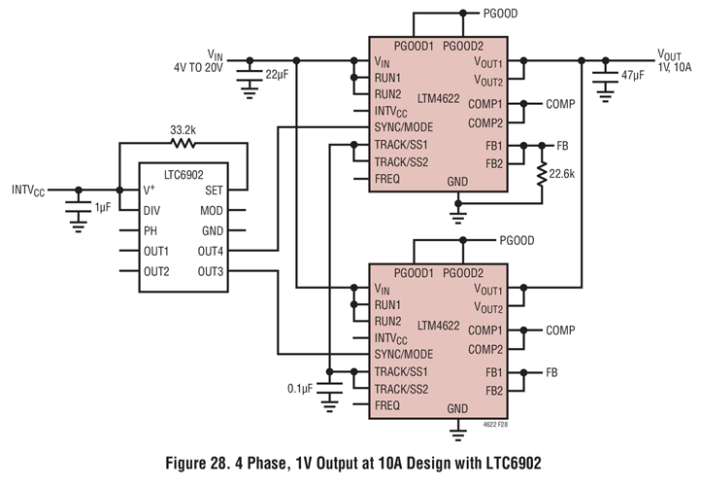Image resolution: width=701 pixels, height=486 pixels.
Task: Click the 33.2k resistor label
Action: pos(184,128)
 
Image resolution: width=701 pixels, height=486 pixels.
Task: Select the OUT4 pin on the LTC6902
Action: pos(211,251)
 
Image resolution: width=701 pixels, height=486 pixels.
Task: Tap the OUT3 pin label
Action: pos(211,271)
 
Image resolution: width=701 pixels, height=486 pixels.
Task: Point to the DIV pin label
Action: pos(152,210)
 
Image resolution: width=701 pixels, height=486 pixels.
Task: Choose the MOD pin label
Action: pos(213,210)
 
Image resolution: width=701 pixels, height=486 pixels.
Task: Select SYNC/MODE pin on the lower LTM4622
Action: pos(404,354)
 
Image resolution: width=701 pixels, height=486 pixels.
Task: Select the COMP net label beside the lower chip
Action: pos(561,330)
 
